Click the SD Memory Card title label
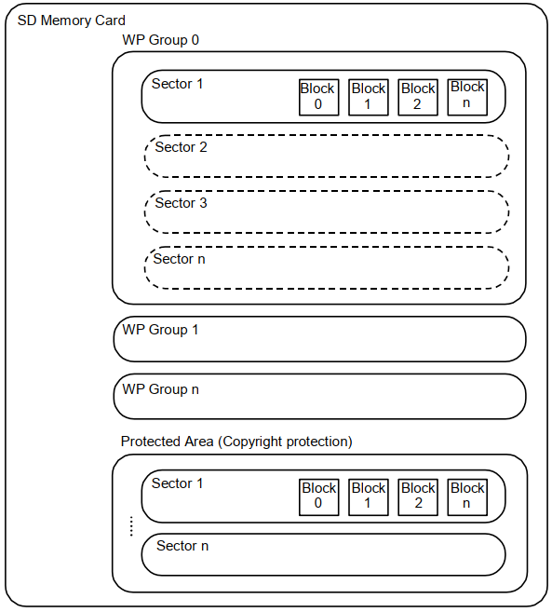[72, 20]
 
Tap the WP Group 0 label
[161, 40]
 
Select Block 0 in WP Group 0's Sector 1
[318, 97]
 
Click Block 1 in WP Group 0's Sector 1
[369, 97]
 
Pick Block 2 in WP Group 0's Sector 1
[418, 97]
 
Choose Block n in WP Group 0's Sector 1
[467, 97]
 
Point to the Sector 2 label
[181, 147]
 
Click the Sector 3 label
[181, 203]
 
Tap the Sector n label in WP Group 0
[179, 259]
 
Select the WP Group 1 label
[160, 330]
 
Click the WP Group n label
[161, 389]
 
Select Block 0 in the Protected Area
[318, 497]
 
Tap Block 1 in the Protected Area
[369, 497]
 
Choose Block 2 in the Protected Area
[418, 497]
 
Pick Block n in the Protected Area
[467, 497]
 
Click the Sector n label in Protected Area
[182, 546]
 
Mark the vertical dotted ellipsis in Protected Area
[131, 526]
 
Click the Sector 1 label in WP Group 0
[178, 84]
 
